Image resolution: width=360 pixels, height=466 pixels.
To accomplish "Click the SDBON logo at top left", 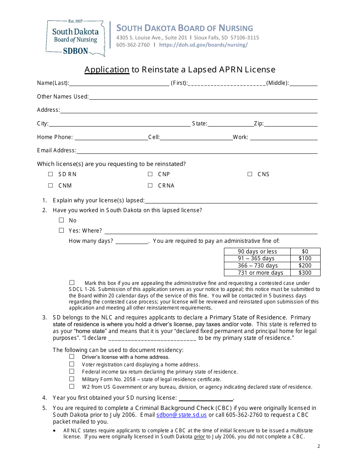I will (75, 38).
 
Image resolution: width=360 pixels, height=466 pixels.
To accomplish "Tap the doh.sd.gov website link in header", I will (203, 45).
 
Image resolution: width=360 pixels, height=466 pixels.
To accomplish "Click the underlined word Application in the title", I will (106, 70).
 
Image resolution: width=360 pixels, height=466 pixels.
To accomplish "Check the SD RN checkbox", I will (50, 174).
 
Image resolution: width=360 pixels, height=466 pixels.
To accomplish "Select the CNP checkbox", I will (150, 174).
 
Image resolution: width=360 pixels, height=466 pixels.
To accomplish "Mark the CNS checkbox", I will (250, 174).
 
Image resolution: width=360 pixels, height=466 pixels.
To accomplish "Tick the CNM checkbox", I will (50, 186).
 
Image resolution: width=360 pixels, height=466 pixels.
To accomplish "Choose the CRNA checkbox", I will (150, 186).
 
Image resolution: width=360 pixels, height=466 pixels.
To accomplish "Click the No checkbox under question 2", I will (61, 220).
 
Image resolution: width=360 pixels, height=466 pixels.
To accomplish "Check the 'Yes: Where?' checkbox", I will (61, 230).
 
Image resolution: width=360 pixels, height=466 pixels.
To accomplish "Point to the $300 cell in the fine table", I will (305, 273).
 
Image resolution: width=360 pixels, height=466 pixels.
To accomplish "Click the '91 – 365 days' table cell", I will (257, 258).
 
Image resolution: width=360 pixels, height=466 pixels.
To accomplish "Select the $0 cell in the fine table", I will (305, 252).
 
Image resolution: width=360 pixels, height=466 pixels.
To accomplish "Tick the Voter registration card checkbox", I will (72, 364).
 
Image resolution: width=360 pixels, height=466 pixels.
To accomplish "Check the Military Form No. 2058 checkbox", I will (72, 379).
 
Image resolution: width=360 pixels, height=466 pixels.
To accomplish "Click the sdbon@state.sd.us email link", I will (182, 415).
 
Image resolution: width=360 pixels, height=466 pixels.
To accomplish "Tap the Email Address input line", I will (197, 151).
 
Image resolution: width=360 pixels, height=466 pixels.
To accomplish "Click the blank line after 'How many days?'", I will (131, 241).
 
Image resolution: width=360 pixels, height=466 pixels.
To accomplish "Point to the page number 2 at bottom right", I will (319, 446).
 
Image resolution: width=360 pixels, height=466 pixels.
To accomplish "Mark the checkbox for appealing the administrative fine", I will (72, 283).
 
